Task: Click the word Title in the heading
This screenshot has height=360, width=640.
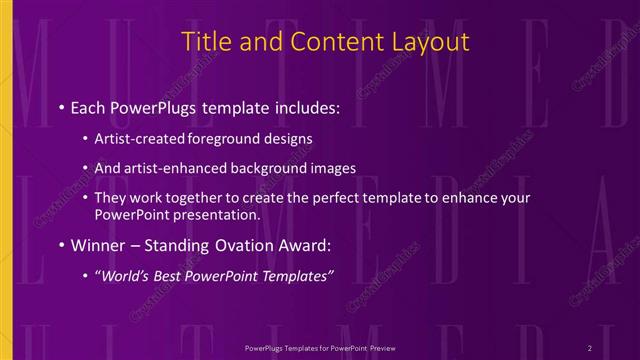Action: pos(205,42)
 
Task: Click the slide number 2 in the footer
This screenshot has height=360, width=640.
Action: pos(591,347)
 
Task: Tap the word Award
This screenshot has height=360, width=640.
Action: pos(304,245)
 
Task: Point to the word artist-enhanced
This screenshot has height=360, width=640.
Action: pos(167,169)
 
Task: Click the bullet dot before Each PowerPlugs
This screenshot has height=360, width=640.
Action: pos(62,105)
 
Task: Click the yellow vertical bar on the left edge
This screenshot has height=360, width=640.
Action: pos(5,180)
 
